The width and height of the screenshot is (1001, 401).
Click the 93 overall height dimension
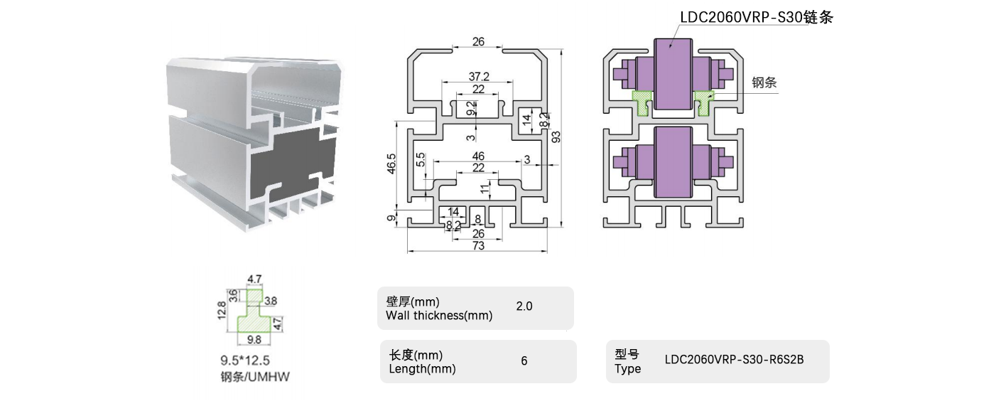tap(557, 137)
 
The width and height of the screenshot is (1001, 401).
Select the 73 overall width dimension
tap(477, 245)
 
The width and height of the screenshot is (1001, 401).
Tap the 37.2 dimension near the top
tap(478, 76)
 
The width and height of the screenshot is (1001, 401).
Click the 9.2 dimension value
tap(470, 108)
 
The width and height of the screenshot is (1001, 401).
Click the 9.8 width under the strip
tap(254, 339)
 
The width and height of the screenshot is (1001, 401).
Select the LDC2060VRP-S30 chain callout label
tap(756, 18)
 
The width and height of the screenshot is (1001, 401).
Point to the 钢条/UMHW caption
tap(255, 378)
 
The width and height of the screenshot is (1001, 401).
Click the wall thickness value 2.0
tap(524, 306)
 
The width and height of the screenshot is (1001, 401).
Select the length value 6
tap(524, 360)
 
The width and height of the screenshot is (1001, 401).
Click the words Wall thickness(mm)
tap(438, 316)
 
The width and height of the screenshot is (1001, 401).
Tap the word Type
tap(627, 369)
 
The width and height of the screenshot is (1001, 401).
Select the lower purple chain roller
tap(673, 163)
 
